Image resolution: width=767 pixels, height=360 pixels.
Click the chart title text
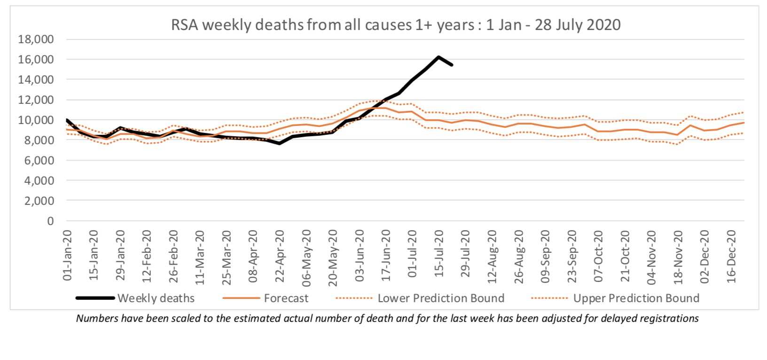(396, 24)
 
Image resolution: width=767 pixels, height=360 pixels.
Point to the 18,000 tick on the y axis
(36, 39)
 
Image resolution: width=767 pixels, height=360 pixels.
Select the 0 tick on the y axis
(50, 221)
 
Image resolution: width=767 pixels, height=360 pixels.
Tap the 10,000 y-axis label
(36, 120)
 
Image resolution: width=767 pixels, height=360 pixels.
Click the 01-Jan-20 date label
(68, 256)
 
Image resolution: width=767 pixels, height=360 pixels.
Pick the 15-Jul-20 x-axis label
(439, 256)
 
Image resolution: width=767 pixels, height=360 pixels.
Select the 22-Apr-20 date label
(280, 256)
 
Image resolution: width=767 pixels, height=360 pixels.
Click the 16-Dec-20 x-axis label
(732, 256)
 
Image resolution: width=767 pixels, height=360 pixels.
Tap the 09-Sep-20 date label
(546, 256)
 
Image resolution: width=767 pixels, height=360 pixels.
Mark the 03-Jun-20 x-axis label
(360, 256)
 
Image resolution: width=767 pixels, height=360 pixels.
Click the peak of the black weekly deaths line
(438, 57)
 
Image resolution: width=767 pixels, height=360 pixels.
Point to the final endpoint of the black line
(452, 65)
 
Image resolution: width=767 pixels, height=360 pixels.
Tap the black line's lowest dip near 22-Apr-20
(279, 143)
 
